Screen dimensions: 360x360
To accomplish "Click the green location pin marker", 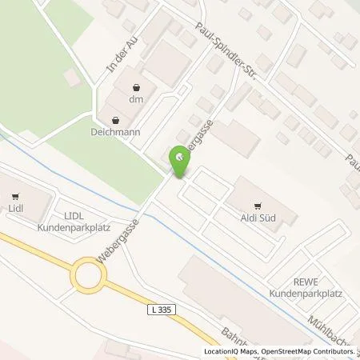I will [x=180, y=162].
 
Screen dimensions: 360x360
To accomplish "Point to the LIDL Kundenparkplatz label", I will [x=69, y=222].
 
